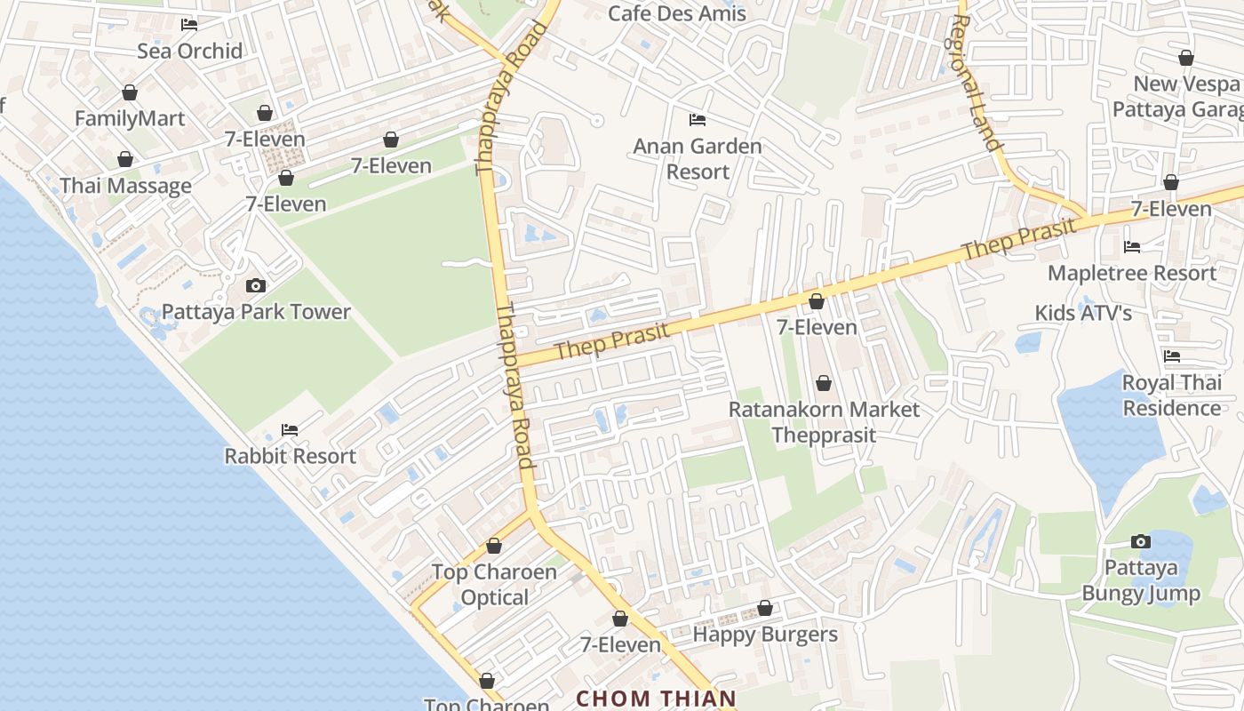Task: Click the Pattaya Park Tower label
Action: pyautogui.click(x=256, y=312)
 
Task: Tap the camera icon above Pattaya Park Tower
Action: pyautogui.click(x=256, y=285)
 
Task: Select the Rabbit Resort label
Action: pyautogui.click(x=290, y=456)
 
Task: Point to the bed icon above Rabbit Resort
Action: pyautogui.click(x=290, y=430)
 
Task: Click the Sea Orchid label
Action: pyautogui.click(x=189, y=51)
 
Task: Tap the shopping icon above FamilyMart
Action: pyautogui.click(x=130, y=92)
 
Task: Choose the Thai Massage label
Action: pyautogui.click(x=125, y=186)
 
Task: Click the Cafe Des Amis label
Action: pyautogui.click(x=677, y=13)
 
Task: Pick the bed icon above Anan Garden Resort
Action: pyautogui.click(x=698, y=119)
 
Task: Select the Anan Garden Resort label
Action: pyautogui.click(x=698, y=158)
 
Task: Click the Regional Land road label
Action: pyautogui.click(x=979, y=83)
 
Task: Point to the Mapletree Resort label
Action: pyautogui.click(x=1132, y=273)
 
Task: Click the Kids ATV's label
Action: pyautogui.click(x=1083, y=313)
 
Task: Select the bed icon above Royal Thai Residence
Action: pyautogui.click(x=1172, y=356)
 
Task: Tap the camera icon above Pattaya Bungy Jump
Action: pyautogui.click(x=1141, y=541)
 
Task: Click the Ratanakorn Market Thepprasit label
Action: pyautogui.click(x=824, y=422)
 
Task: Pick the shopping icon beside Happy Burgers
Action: pyautogui.click(x=765, y=609)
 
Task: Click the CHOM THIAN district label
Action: pyautogui.click(x=657, y=699)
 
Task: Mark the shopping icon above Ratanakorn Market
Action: pyautogui.click(x=824, y=383)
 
